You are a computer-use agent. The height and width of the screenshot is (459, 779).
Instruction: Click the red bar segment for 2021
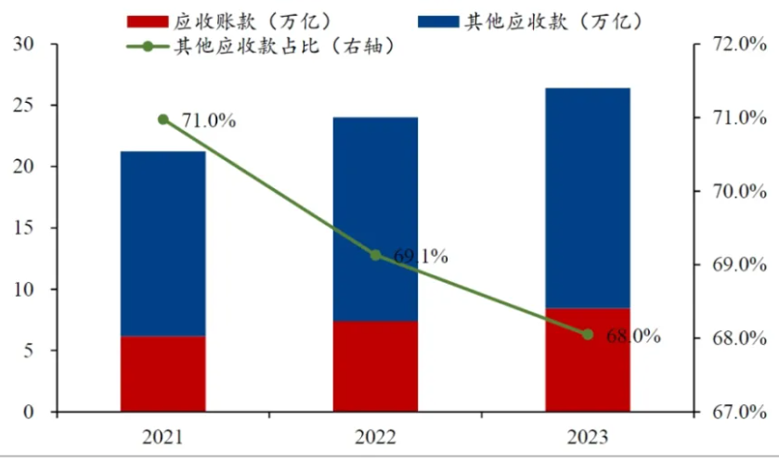(x=162, y=374)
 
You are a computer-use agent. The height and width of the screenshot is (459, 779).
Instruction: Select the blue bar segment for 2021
(x=162, y=243)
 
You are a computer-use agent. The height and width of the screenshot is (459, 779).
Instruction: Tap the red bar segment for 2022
(x=375, y=366)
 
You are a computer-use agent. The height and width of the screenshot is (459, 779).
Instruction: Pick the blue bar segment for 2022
(x=375, y=219)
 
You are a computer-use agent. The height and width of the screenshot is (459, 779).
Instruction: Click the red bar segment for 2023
(x=588, y=360)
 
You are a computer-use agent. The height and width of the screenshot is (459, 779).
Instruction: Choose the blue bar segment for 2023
(x=588, y=198)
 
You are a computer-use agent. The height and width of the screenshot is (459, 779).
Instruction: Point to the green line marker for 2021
(x=163, y=120)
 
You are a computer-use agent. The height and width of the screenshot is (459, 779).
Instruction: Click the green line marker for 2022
(x=375, y=255)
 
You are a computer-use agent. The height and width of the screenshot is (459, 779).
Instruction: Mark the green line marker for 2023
(x=588, y=334)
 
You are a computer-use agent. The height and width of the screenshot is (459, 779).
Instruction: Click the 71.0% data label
(x=209, y=121)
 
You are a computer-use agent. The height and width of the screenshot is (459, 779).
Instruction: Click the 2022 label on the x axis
(x=375, y=438)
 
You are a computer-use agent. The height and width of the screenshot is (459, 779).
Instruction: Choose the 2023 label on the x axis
(x=588, y=438)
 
